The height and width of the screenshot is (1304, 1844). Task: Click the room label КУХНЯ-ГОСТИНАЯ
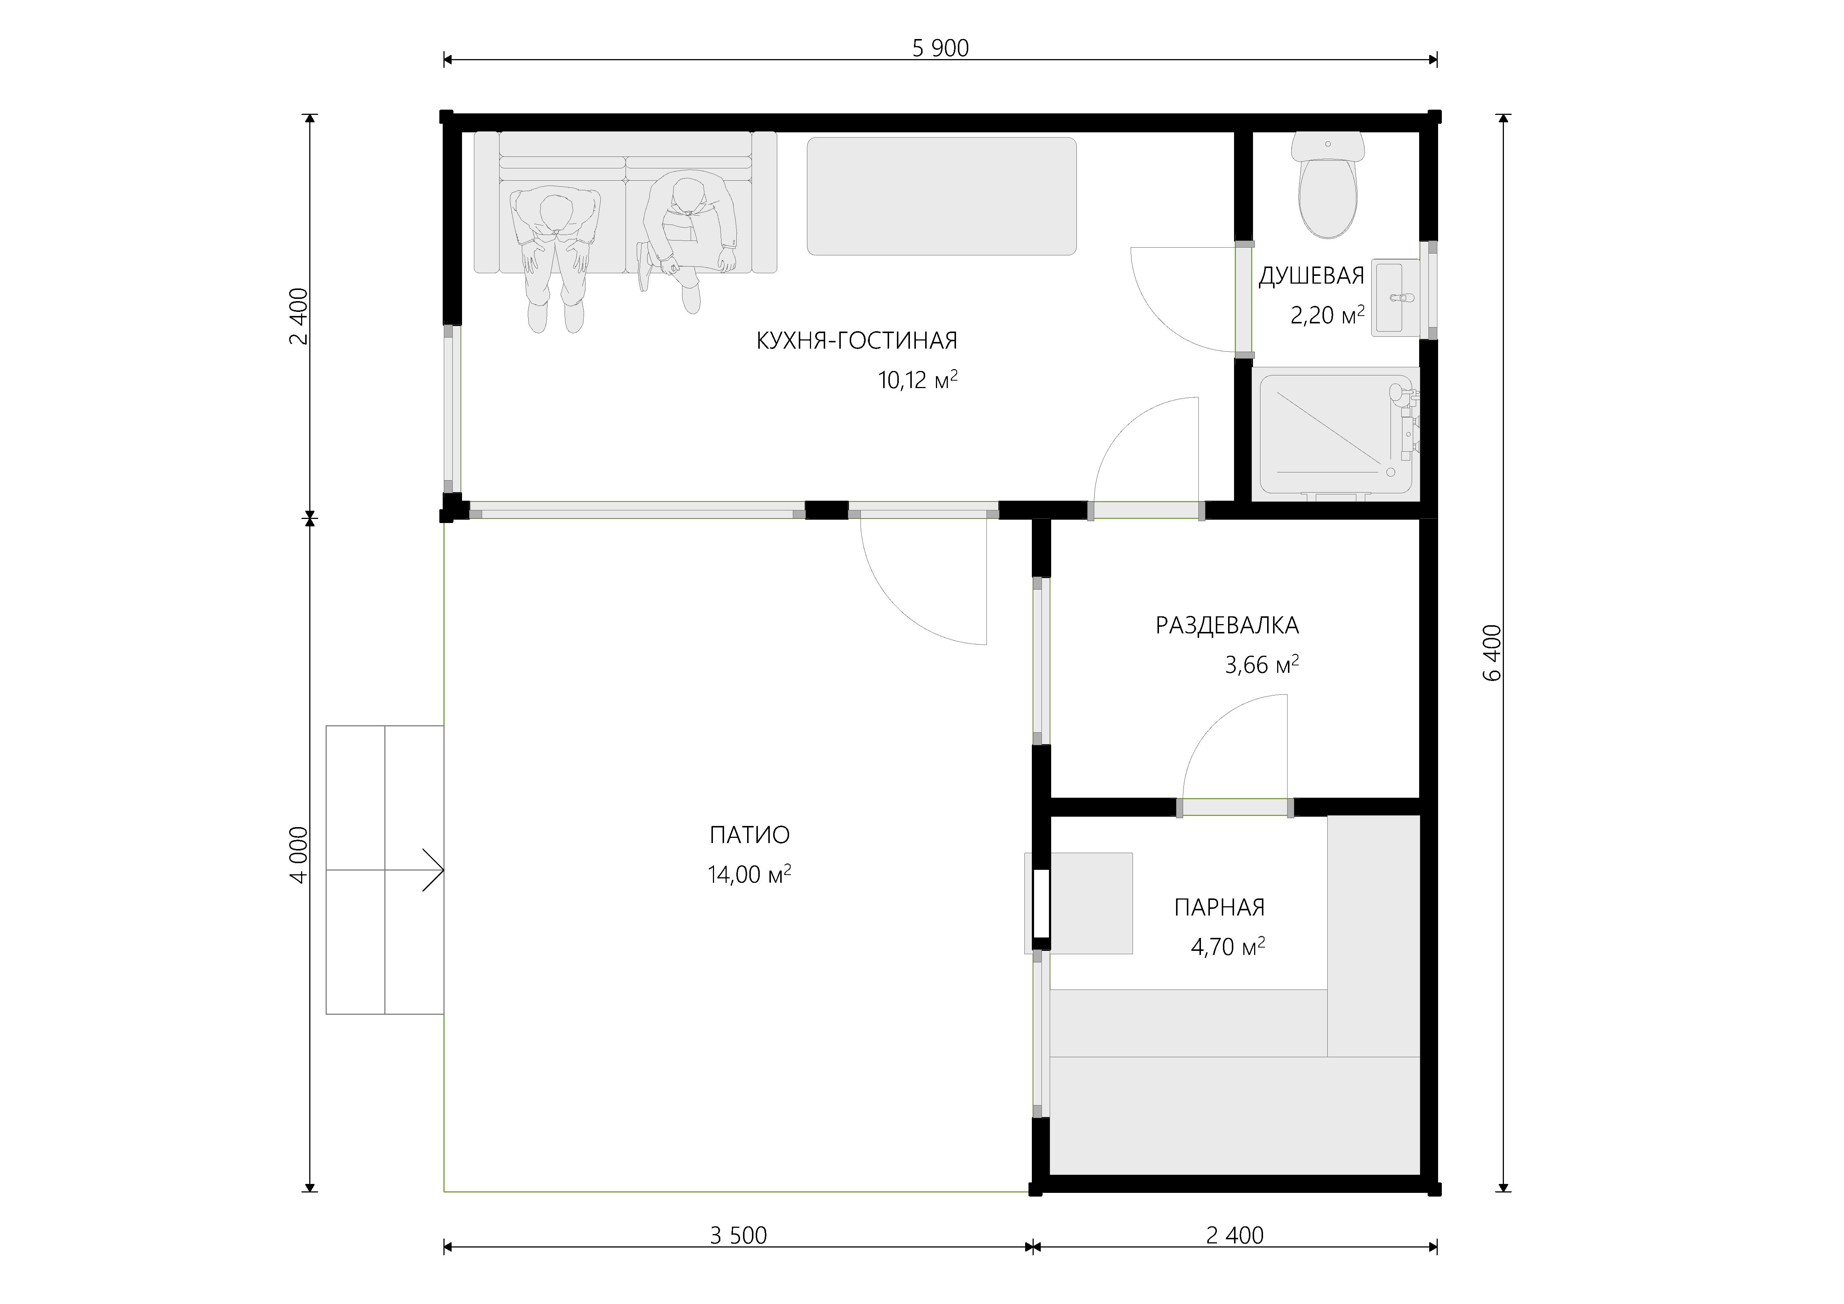(857, 340)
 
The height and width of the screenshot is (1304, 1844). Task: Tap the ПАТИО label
(749, 835)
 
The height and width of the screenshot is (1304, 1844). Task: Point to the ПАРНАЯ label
(1219, 907)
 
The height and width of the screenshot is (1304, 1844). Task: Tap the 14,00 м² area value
(749, 874)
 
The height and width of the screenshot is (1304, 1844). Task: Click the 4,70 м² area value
(1227, 947)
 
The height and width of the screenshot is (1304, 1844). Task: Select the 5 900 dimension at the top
(940, 48)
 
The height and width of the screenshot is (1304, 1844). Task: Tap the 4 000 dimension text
(298, 855)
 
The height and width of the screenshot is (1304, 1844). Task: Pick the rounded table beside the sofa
(941, 196)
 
